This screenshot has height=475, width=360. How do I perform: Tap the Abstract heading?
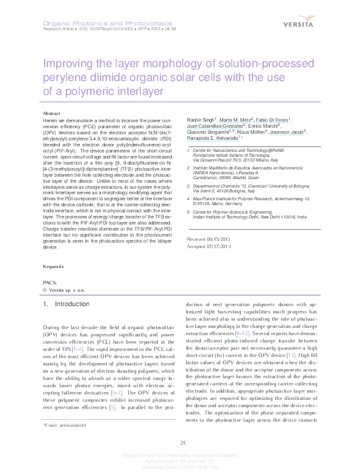point(52,114)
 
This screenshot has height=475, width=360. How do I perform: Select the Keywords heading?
point(54,283)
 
